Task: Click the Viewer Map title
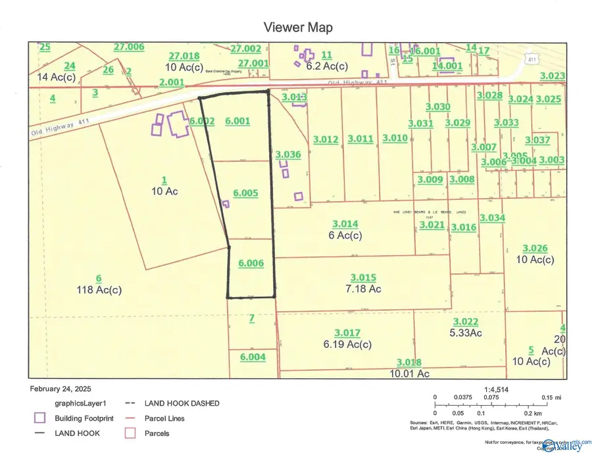[x=297, y=28]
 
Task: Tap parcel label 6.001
[x=237, y=120]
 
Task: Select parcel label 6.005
[x=245, y=193]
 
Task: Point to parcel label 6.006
[x=251, y=263]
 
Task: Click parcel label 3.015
[x=363, y=277]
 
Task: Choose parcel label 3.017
[x=347, y=333]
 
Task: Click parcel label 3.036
[x=288, y=155]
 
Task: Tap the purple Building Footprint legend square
[x=39, y=418]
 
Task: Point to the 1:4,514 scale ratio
[x=496, y=389]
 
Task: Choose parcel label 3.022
[x=465, y=321]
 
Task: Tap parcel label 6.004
[x=253, y=357]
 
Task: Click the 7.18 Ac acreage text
[x=363, y=289]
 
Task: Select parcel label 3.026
[x=535, y=248]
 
